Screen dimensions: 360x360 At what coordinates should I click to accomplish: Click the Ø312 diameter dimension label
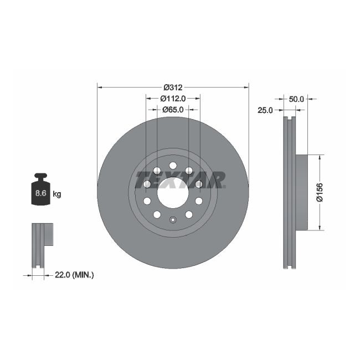tap(173, 87)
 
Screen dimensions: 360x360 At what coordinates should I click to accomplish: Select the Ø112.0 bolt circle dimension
tap(173, 98)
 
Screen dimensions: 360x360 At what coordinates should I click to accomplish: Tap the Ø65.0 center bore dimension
tap(173, 110)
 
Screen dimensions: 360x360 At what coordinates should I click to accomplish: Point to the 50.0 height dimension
tap(297, 99)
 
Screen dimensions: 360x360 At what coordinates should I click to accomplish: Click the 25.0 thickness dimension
tap(265, 110)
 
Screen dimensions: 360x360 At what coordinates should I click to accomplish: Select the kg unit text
tap(57, 194)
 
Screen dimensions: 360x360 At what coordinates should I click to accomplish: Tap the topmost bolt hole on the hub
tap(173, 166)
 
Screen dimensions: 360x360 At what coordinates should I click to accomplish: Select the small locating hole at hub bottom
tap(173, 220)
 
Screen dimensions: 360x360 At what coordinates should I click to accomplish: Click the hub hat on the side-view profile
tap(301, 192)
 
